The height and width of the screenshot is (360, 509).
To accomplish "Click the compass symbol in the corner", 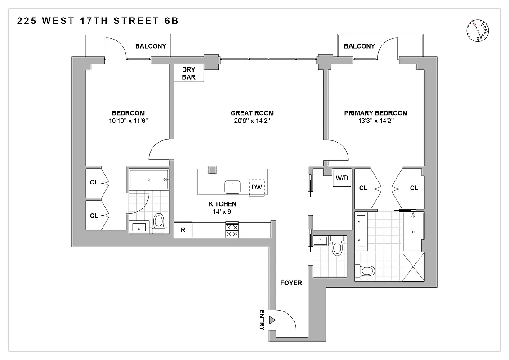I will (x=478, y=32).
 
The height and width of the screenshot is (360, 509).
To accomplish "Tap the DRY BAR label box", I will (x=189, y=73).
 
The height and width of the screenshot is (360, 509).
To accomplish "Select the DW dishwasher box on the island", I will (x=257, y=187).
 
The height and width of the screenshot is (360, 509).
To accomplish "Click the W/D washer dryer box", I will (x=341, y=178).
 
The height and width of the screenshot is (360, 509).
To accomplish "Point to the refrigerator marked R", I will (x=183, y=230).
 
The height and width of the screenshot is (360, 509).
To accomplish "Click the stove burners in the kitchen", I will (x=232, y=230).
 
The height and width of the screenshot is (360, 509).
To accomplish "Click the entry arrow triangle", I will (x=272, y=320).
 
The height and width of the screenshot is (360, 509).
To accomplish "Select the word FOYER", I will (x=291, y=283).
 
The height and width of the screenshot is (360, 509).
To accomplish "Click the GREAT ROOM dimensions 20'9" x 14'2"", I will (x=252, y=121).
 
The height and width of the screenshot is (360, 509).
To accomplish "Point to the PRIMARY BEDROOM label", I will (x=376, y=113).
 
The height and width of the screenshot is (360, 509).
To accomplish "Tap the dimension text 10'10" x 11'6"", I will (x=128, y=121).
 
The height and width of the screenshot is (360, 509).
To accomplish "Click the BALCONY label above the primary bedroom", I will (x=359, y=46).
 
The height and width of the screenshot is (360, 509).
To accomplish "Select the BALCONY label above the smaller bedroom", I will (x=151, y=46).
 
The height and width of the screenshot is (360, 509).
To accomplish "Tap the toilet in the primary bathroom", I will (x=366, y=271).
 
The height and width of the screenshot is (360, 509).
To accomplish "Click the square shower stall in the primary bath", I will (x=412, y=266).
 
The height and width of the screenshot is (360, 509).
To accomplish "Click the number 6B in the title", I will (x=171, y=21).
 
